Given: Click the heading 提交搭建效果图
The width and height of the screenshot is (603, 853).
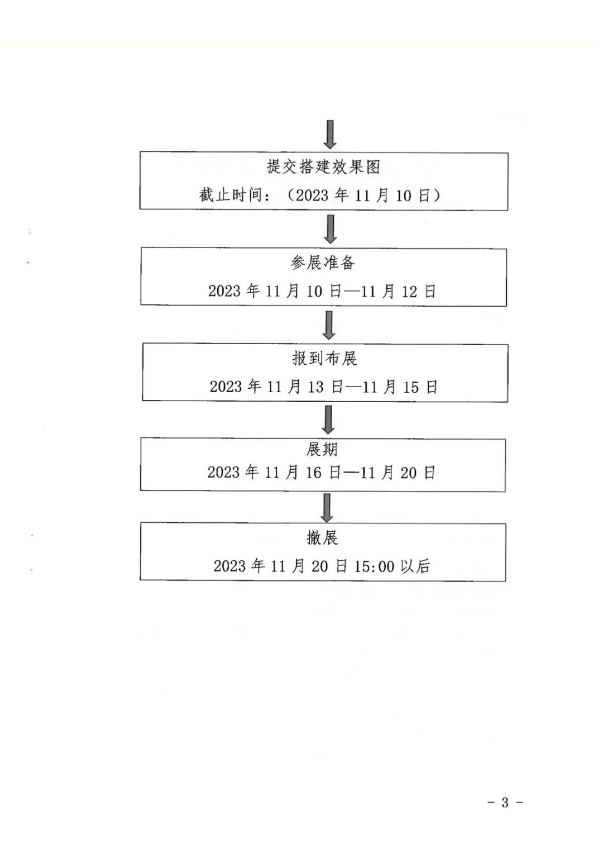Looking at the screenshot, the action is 323,166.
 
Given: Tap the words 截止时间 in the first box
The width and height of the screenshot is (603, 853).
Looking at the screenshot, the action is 231,195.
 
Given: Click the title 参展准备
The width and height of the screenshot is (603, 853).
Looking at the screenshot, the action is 323,263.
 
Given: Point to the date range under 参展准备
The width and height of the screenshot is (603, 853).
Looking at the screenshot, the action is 322,291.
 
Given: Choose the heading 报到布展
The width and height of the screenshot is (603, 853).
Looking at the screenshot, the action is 324,358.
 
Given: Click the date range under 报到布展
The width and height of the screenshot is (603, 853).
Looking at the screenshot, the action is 324,387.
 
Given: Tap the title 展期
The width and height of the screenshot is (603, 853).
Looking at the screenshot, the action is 322,450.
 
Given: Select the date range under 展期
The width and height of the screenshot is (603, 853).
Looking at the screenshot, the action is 322,473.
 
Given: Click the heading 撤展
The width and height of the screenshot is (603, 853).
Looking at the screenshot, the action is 322,537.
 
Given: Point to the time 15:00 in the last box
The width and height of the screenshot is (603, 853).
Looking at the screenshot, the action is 374,566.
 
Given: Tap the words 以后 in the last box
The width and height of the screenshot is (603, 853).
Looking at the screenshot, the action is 415,566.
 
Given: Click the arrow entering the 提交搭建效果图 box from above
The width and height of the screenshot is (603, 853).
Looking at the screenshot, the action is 330,134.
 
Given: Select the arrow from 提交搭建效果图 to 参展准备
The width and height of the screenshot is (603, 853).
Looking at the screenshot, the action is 330,229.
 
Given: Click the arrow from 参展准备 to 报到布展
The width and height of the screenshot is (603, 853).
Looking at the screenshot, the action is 329,325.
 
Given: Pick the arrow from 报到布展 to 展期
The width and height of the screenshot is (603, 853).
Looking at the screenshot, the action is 328,420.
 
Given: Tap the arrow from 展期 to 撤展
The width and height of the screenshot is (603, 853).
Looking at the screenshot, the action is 327,507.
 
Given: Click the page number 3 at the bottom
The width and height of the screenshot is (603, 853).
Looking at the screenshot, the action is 505,803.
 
